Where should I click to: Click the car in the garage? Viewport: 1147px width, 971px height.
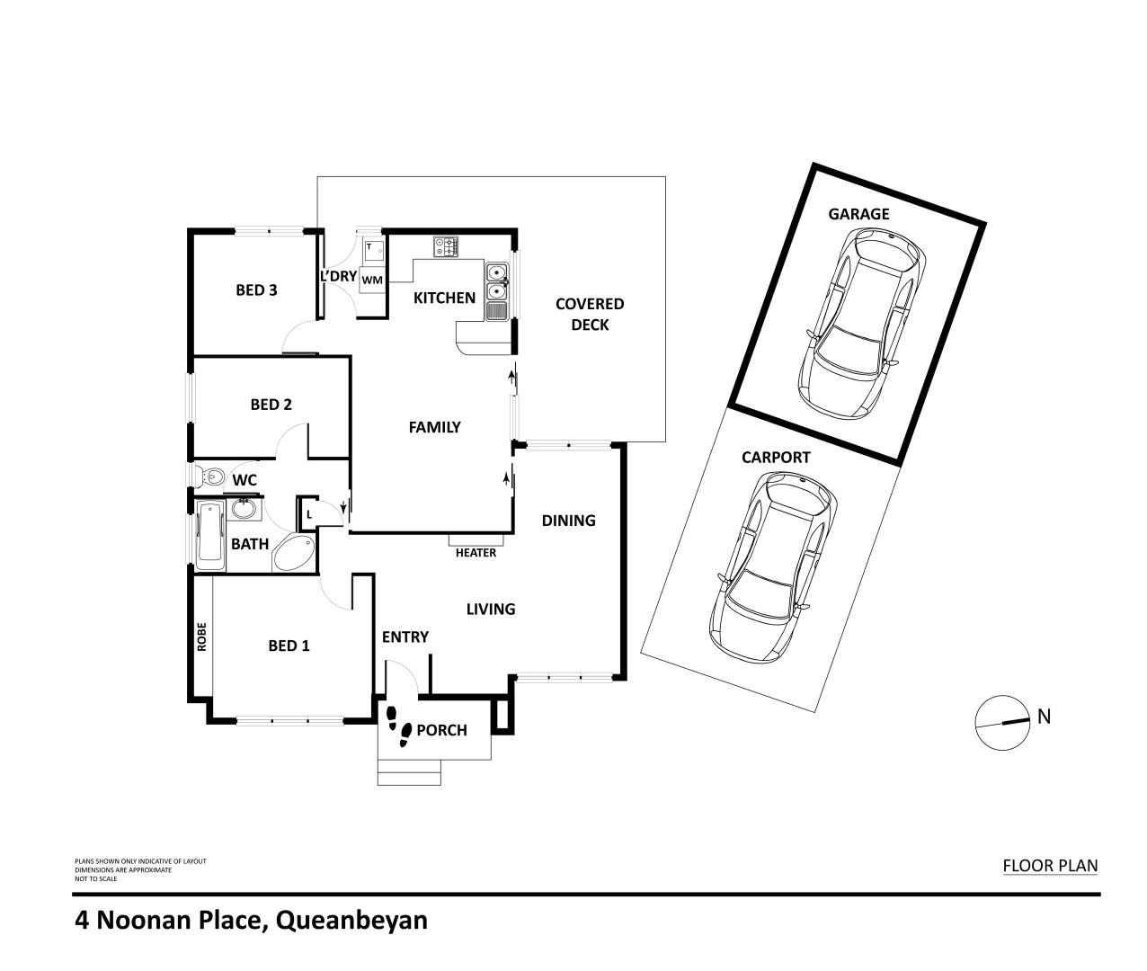(x=861, y=323)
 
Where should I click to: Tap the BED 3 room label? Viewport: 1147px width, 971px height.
(x=256, y=290)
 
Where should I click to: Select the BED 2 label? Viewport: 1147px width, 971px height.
(x=271, y=405)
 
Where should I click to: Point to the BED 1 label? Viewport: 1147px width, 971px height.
(x=289, y=646)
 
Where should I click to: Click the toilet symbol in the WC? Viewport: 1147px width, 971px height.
(x=210, y=476)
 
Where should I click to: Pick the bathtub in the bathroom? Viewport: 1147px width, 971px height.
(x=209, y=537)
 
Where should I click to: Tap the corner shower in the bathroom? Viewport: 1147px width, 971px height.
(x=294, y=552)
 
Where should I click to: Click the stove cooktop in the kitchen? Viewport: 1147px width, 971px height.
(x=446, y=246)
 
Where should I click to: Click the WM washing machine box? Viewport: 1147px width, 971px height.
(x=372, y=281)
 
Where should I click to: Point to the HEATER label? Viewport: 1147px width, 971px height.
(x=476, y=553)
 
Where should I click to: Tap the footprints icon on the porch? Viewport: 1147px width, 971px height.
(x=398, y=726)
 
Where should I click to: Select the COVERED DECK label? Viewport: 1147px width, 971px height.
(x=590, y=314)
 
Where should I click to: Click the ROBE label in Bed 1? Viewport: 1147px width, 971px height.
(x=202, y=637)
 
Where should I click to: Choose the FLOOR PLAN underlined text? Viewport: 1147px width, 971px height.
(x=1050, y=866)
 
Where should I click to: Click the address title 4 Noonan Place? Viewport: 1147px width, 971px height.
(x=251, y=921)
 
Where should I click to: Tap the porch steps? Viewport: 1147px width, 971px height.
(x=410, y=771)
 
